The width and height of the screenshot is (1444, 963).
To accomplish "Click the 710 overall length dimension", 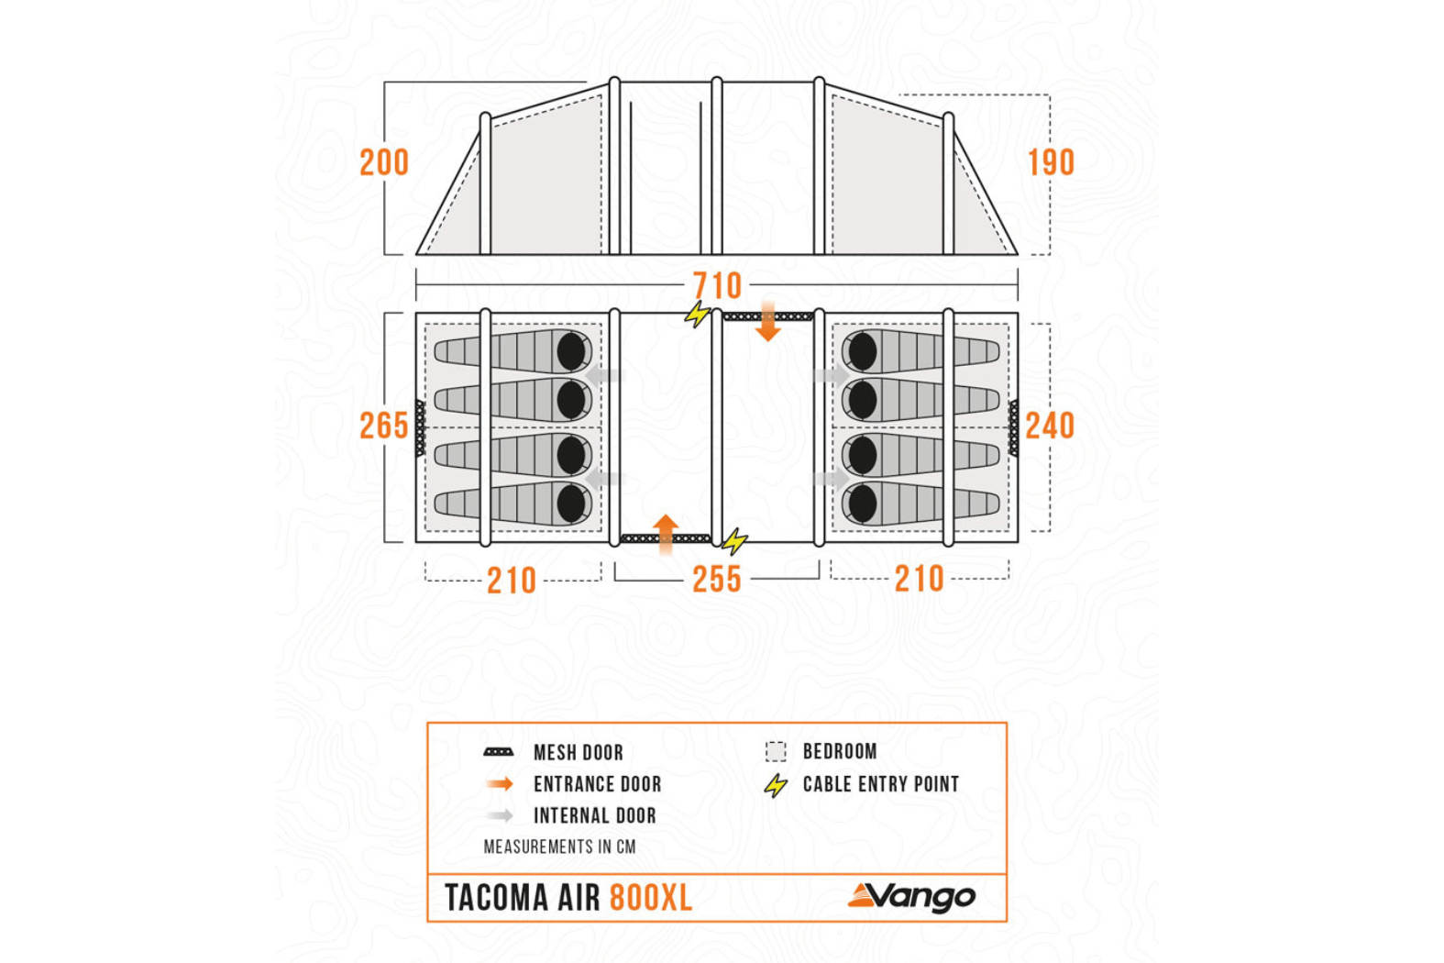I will [716, 285].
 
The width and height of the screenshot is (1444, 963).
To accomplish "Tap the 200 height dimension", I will [384, 162].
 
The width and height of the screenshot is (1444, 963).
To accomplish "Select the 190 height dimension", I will [1051, 162].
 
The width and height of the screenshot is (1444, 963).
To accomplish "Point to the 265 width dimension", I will [383, 426].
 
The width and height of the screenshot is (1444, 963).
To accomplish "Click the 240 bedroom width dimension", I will [1050, 426].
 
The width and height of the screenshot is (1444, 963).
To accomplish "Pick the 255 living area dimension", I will [716, 580].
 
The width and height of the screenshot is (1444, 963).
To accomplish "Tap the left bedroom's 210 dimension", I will [512, 581].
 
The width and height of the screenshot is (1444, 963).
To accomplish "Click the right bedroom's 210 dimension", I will [919, 579].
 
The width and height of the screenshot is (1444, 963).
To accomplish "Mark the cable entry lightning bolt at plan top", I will [698, 315].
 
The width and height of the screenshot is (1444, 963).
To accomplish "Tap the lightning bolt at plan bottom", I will [734, 541].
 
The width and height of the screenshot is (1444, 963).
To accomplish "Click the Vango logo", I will [912, 897].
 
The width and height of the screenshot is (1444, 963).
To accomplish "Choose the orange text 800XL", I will [651, 898].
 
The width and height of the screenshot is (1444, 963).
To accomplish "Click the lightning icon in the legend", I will [776, 785].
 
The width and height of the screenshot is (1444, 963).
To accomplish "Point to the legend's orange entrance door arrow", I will [500, 784].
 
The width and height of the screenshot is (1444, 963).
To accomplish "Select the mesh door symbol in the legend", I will [499, 752].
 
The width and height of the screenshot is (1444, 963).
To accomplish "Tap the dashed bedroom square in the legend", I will [776, 752].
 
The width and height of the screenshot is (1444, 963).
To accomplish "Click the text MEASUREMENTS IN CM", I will [559, 847].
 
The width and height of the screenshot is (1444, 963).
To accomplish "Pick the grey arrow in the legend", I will [500, 815].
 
